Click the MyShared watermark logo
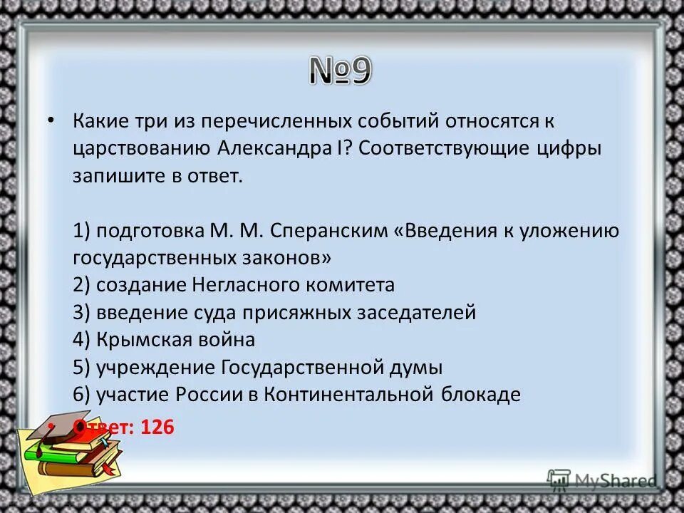pyautogui.click(x=603, y=480)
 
